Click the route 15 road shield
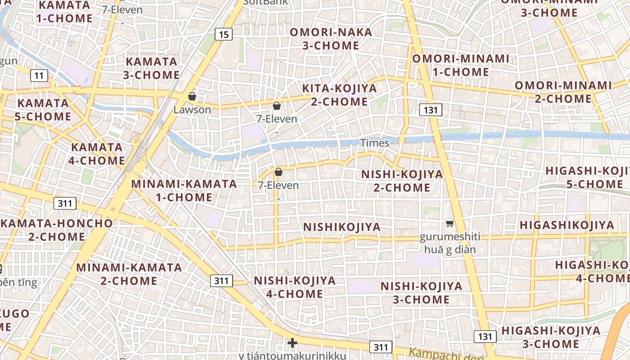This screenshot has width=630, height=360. [x=224, y=34]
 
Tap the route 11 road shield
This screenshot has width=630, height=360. [x=39, y=75]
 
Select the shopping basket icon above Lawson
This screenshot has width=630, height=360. [x=192, y=96]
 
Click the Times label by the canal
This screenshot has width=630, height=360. [x=375, y=143]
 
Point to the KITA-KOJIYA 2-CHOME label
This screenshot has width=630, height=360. [x=339, y=95]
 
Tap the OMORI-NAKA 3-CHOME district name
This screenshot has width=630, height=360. [x=331, y=39]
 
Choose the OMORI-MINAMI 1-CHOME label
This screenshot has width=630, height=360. [x=461, y=65]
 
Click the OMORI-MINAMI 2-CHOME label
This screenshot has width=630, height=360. [x=563, y=92]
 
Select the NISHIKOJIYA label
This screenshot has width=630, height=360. [x=342, y=227]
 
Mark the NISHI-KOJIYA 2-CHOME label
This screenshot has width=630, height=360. [x=402, y=181]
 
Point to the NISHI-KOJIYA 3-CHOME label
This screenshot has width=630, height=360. [x=421, y=292]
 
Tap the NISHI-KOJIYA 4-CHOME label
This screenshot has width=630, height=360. [x=295, y=287]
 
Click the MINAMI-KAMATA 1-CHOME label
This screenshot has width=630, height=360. [x=184, y=190]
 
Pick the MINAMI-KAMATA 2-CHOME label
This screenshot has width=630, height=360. [x=129, y=274]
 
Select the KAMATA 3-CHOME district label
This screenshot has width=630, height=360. [x=151, y=68]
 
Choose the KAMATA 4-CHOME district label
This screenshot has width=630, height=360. [x=98, y=154]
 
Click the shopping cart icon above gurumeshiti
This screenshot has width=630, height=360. [x=450, y=223]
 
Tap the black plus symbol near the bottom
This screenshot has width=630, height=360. [x=292, y=343]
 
